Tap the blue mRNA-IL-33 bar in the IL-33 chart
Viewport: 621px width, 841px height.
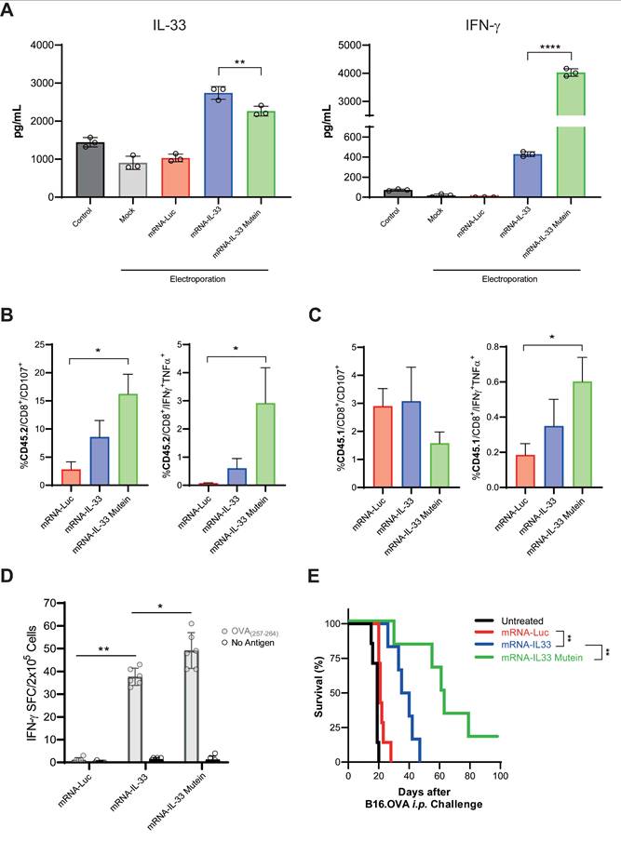coord(218,145)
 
